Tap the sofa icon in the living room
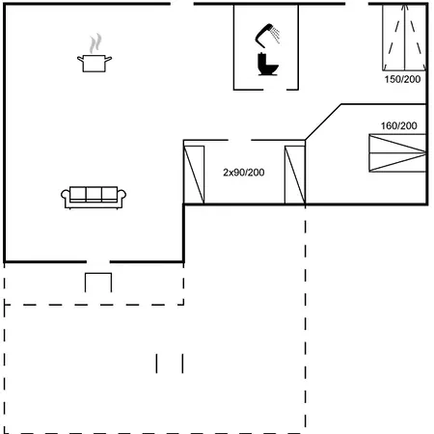pyautogui.click(x=94, y=198)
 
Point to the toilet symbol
pyautogui.click(x=267, y=65)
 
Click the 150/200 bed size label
pyautogui.click(x=402, y=79)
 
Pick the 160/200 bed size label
pyautogui.click(x=399, y=125)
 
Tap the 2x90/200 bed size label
pyautogui.click(x=244, y=173)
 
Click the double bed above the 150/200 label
pyautogui.click(x=404, y=38)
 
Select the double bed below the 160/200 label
pyautogui.click(x=397, y=153)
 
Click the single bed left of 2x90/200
pyautogui.click(x=194, y=175)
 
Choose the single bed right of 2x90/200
pyautogui.click(x=295, y=175)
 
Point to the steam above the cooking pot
pyautogui.click(x=95, y=43)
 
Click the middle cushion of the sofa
pyautogui.click(x=94, y=194)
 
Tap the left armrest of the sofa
pyautogui.click(x=66, y=196)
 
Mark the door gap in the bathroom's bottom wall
pyautogui.click(x=275, y=90)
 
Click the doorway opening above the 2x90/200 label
pyautogui.click(x=239, y=140)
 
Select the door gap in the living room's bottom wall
pyautogui.click(x=98, y=262)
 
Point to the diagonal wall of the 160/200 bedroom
pyautogui.click(x=323, y=122)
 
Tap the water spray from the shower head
pyautogui.click(x=275, y=35)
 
